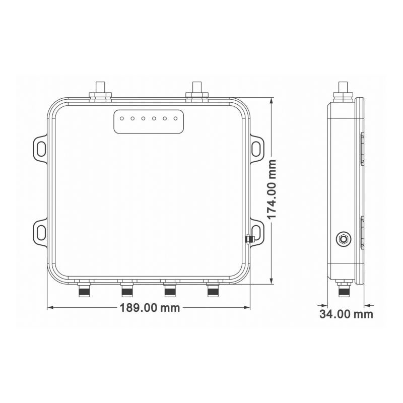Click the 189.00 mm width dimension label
coord(150,308)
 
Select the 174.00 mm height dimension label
coord(273,189)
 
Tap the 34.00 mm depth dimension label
coord(347,314)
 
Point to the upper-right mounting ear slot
coord(257,148)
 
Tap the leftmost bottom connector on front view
coord(84,290)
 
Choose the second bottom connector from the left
coord(127,290)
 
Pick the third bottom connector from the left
coord(170,290)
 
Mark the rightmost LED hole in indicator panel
coord(176,119)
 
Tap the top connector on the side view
coord(344,90)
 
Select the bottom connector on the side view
coord(344,290)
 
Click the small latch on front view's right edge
coord(248,239)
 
